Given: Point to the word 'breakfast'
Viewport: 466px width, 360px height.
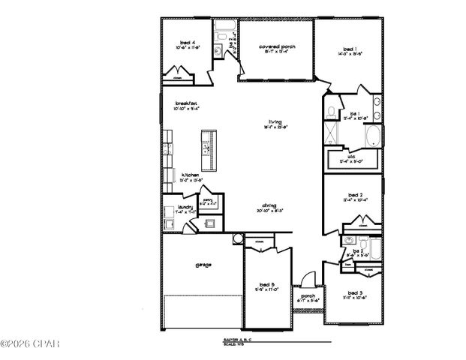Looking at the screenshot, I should [186, 103].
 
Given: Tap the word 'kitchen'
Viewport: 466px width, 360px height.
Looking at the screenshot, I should [190, 175].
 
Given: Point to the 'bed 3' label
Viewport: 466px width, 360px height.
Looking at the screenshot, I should [356, 292].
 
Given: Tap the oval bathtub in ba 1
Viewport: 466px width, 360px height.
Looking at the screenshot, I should [373, 136].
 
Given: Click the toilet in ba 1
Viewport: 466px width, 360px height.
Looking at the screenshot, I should [332, 113].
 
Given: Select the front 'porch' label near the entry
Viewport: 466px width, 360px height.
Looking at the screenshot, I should [308, 295].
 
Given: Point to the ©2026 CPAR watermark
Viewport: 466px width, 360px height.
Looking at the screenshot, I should [30, 344].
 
